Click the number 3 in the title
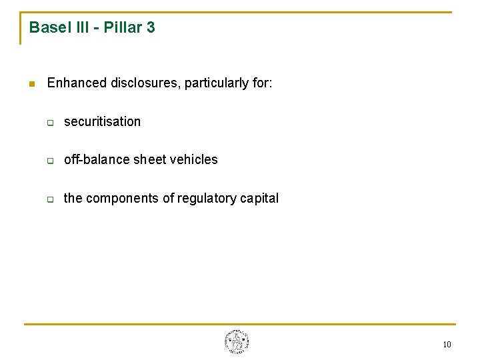(151, 27)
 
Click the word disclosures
(145, 83)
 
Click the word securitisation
(102, 121)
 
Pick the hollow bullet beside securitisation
(49, 123)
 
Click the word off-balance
(97, 159)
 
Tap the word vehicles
(194, 159)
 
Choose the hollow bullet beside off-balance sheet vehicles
(49, 161)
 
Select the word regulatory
(203, 198)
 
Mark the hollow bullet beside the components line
(49, 199)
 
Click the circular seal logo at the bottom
(237, 342)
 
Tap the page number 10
(447, 345)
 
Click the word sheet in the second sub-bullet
(151, 159)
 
